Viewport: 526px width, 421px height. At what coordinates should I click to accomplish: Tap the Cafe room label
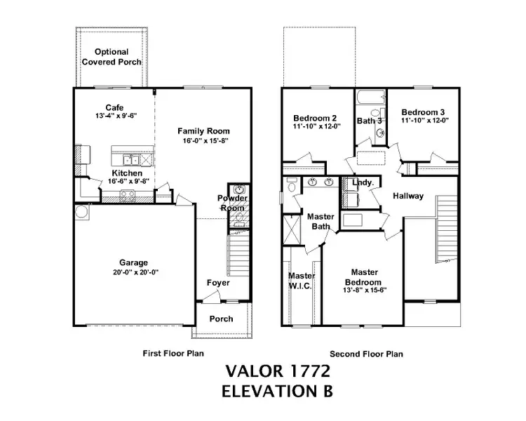point(114,107)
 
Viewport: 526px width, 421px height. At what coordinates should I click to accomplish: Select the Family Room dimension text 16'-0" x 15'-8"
point(203,140)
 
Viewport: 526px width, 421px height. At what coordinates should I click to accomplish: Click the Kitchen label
point(127,173)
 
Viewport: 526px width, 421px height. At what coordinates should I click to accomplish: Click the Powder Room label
point(232,203)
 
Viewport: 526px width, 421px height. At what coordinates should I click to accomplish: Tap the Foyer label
point(217,283)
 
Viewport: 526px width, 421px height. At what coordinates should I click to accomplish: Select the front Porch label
point(222,319)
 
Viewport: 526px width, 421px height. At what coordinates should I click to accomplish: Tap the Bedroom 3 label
point(424,112)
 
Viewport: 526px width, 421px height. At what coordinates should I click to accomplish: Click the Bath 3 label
point(370,121)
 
